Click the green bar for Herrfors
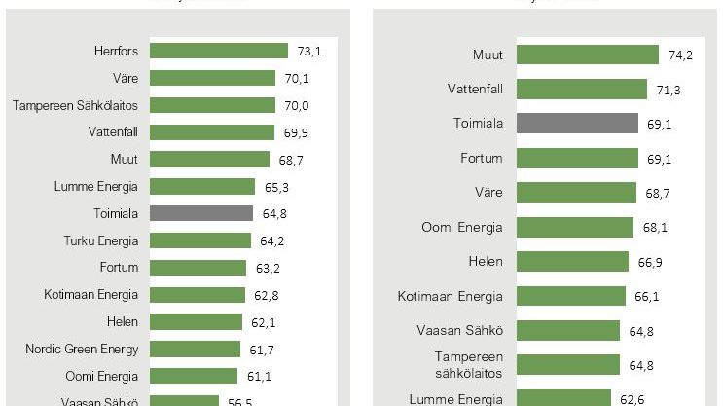click(221, 51)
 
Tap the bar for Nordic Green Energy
click(197, 349)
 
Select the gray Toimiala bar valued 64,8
click(202, 213)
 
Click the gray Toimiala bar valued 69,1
click(577, 124)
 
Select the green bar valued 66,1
click(570, 296)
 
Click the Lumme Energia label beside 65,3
click(97, 186)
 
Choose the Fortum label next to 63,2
click(119, 267)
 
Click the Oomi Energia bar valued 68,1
click(575, 227)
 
